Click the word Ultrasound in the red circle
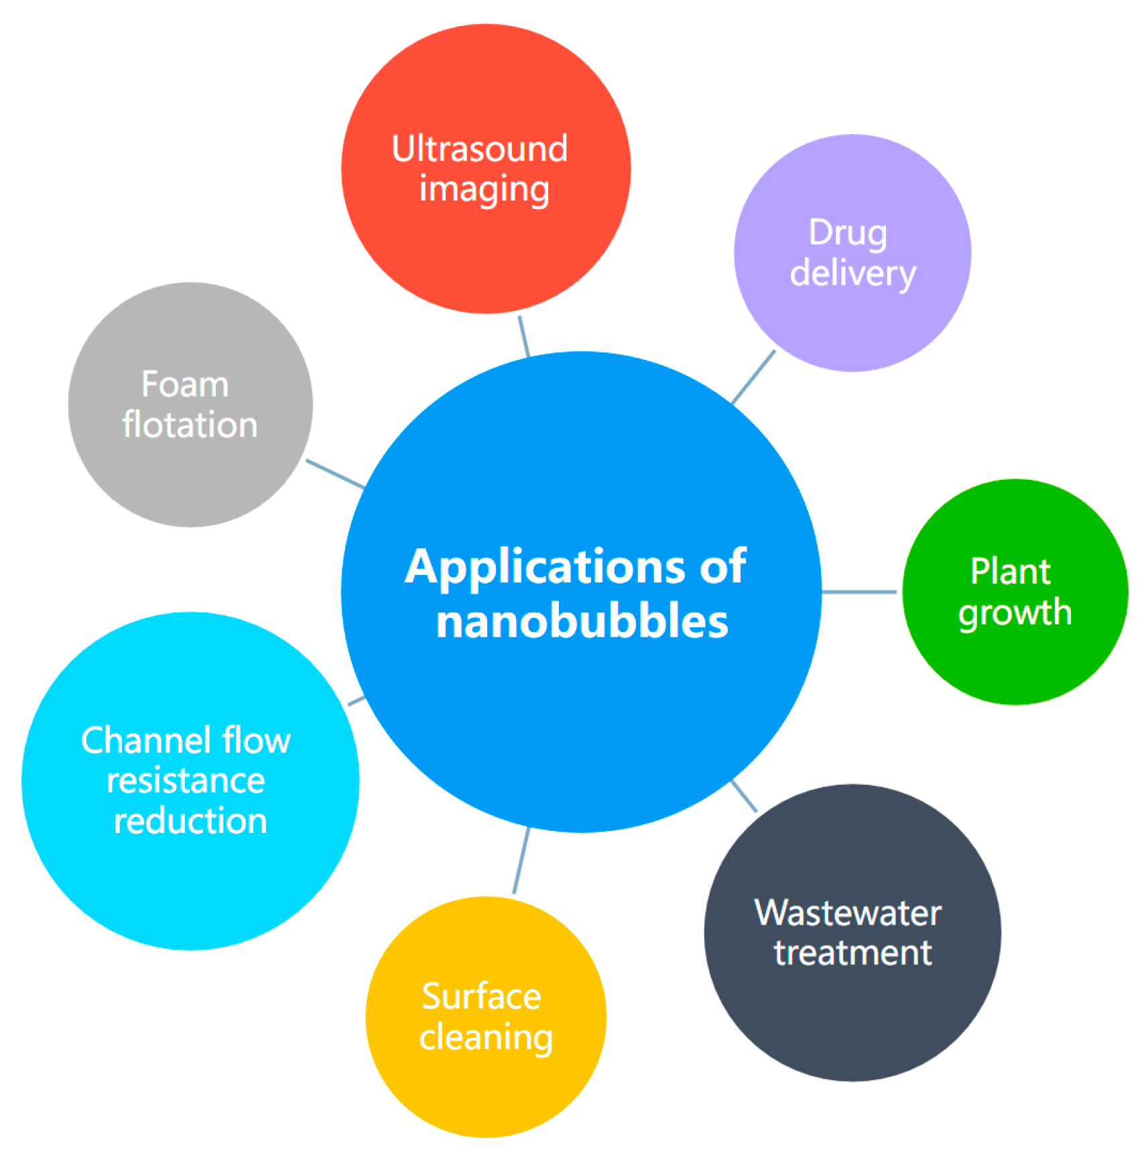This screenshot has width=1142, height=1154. pos(479,149)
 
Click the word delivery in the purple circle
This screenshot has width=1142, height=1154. pos(852,274)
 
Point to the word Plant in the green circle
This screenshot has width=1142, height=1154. pos(1010,572)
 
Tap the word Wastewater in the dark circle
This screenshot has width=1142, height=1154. pos(848,913)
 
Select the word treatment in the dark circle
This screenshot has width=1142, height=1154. pos(852,953)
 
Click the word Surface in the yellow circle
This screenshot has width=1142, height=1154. pos(481,997)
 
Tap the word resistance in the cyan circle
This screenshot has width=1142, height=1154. pos(186,781)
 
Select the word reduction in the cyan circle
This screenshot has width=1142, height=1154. pos(190,821)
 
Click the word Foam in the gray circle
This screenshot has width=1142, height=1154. pos(185,385)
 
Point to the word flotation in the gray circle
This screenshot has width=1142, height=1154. pos(190,426)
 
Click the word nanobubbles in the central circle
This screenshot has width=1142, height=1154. pos(582,621)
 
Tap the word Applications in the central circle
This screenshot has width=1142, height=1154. pos(544,567)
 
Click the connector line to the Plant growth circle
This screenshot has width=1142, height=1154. pos(859,592)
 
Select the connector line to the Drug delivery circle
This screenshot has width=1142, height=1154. pos(753,377)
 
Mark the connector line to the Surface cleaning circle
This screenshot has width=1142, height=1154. pos(521,860)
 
